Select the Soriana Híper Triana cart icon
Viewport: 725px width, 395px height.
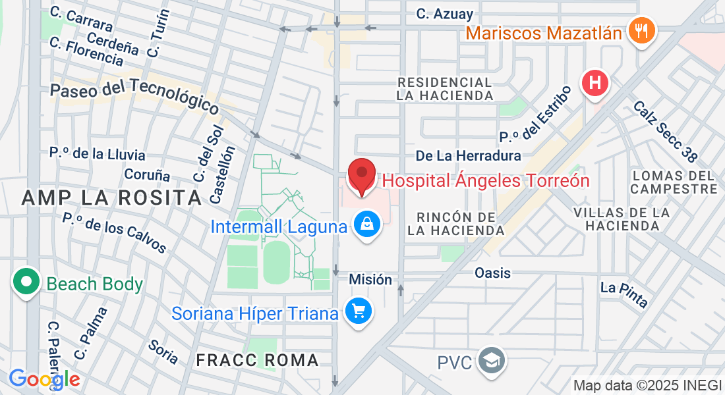coord(359,311)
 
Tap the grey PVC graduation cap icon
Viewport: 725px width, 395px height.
coord(492,361)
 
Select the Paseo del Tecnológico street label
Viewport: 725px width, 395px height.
coord(134,95)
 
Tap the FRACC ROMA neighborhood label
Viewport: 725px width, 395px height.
coord(258,360)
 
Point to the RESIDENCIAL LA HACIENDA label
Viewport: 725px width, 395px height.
coord(445,89)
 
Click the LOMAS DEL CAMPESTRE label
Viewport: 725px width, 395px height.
coord(674,182)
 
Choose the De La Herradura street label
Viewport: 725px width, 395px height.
coord(468,155)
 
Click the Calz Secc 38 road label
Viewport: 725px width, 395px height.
coord(664,131)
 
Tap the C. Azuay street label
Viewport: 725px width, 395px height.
coord(444,13)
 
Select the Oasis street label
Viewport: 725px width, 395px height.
coord(492,273)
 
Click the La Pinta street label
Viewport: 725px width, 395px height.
coord(624,294)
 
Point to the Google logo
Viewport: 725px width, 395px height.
coord(44,379)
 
